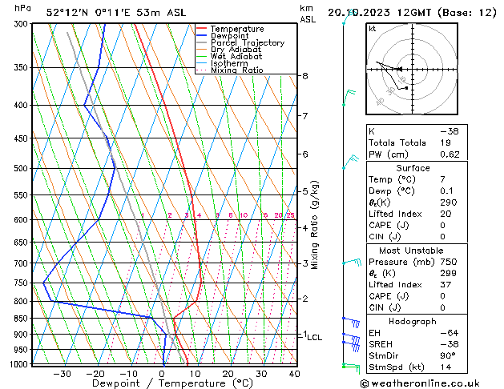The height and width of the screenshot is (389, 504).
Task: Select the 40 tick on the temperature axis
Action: pyautogui.click(x=294, y=374)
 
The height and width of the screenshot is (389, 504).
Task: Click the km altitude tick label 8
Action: pyautogui.click(x=305, y=76)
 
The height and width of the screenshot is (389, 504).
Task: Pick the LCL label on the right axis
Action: pyautogui.click(x=314, y=338)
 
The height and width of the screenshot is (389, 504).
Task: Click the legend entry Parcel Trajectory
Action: pyautogui.click(x=247, y=42)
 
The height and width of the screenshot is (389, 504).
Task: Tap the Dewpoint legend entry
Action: pyautogui.click(x=231, y=36)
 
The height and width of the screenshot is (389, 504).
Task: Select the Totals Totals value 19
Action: pyautogui.click(x=446, y=142)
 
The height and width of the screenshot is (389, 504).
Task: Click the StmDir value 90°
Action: pyautogui.click(x=448, y=355)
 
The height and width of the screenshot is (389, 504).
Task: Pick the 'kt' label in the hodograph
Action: pyautogui.click(x=373, y=28)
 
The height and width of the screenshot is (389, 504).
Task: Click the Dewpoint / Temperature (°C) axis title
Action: pyautogui.click(x=165, y=384)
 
